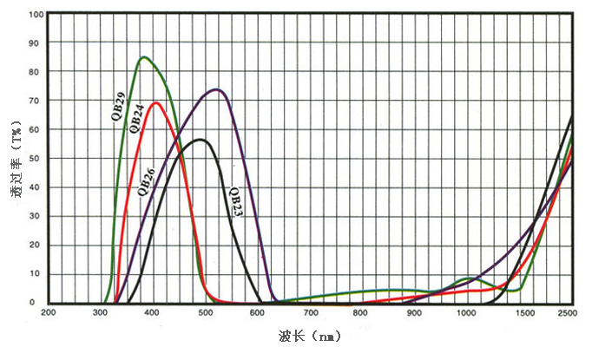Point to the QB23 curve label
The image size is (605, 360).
[235, 202]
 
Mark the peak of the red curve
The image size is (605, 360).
[156, 102]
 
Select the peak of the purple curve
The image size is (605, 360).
[216, 88]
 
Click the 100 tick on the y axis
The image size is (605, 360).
[36, 15]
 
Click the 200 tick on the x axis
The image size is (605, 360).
[49, 312]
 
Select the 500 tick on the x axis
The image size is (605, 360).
[205, 312]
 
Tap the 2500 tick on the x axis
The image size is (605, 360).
[570, 312]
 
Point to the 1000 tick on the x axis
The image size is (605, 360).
[466, 312]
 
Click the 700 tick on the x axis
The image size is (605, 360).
[310, 312]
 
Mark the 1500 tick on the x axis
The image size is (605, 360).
[518, 312]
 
